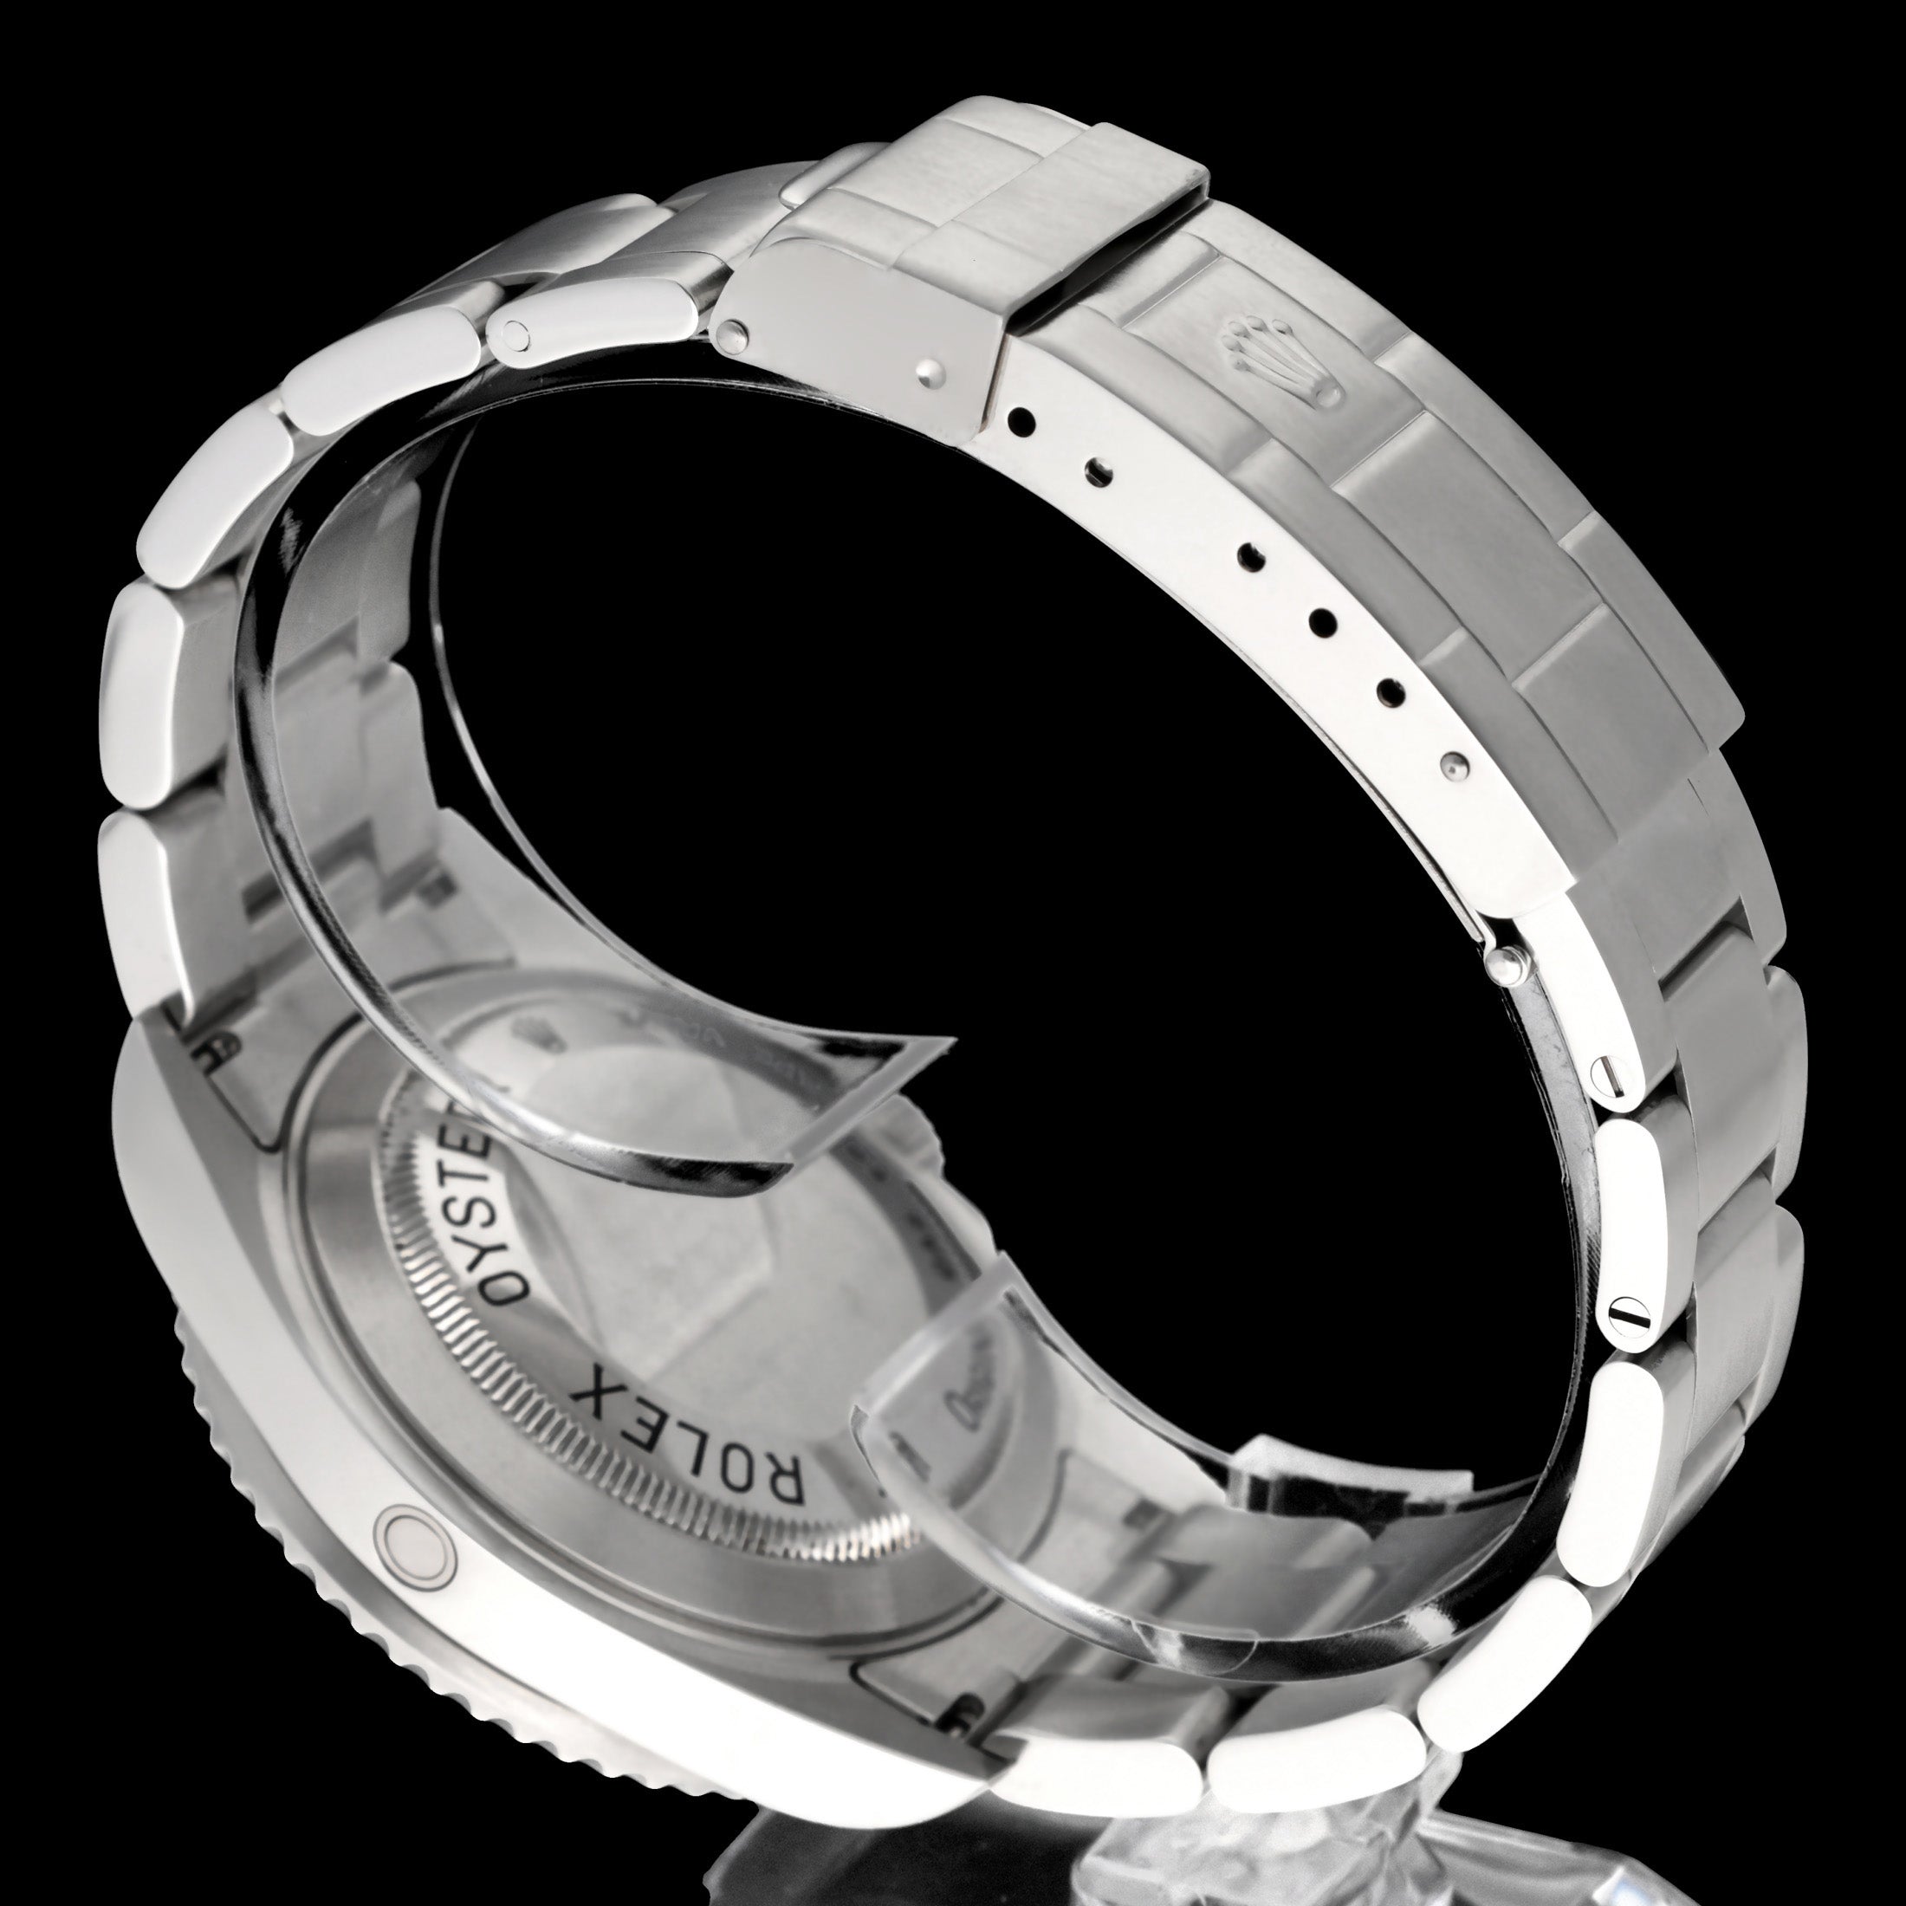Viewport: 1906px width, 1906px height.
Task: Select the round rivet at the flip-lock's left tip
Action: tap(731, 334)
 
